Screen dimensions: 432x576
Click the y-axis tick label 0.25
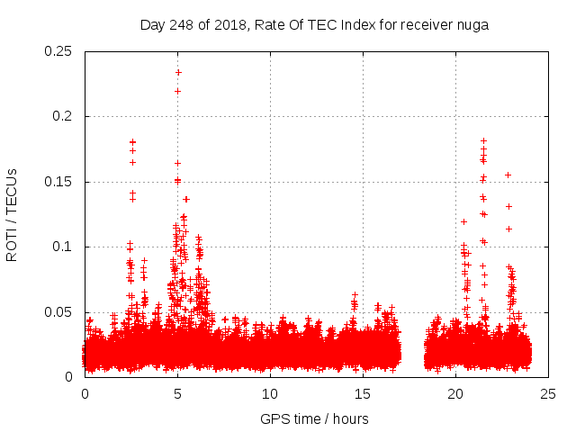tap(58, 51)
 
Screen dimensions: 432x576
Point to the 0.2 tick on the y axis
tap(65, 117)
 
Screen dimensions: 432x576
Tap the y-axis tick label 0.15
tap(58, 182)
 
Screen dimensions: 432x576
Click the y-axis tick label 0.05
tap(58, 312)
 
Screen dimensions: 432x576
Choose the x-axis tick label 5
tap(178, 393)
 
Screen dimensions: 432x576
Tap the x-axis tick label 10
tap(271, 393)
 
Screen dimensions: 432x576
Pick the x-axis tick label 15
tap(364, 393)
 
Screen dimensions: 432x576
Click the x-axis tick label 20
tap(456, 393)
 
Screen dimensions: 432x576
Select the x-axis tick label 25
tap(549, 393)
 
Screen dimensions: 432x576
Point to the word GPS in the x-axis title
tap(274, 418)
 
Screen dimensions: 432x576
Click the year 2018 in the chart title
tap(231, 24)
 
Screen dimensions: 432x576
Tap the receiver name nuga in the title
tap(471, 24)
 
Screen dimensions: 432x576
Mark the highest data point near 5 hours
tap(178, 72)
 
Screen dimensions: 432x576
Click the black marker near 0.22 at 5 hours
tap(177, 91)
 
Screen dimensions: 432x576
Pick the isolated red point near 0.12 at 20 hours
tap(463, 221)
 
